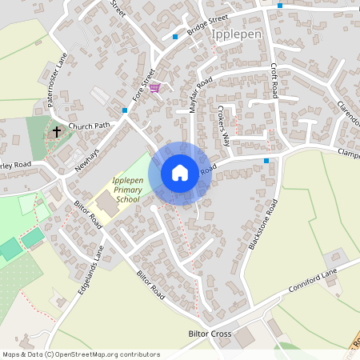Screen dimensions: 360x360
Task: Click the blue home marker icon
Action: pos(180,172)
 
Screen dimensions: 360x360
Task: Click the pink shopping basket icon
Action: pos(154,88)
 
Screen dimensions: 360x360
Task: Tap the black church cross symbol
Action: pos(57,130)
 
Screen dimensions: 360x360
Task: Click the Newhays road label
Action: pos(86,162)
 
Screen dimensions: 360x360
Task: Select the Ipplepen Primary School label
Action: pos(127,189)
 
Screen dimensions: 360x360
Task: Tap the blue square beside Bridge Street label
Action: pos(175,36)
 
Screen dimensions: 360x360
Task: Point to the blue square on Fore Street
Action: pos(125,110)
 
